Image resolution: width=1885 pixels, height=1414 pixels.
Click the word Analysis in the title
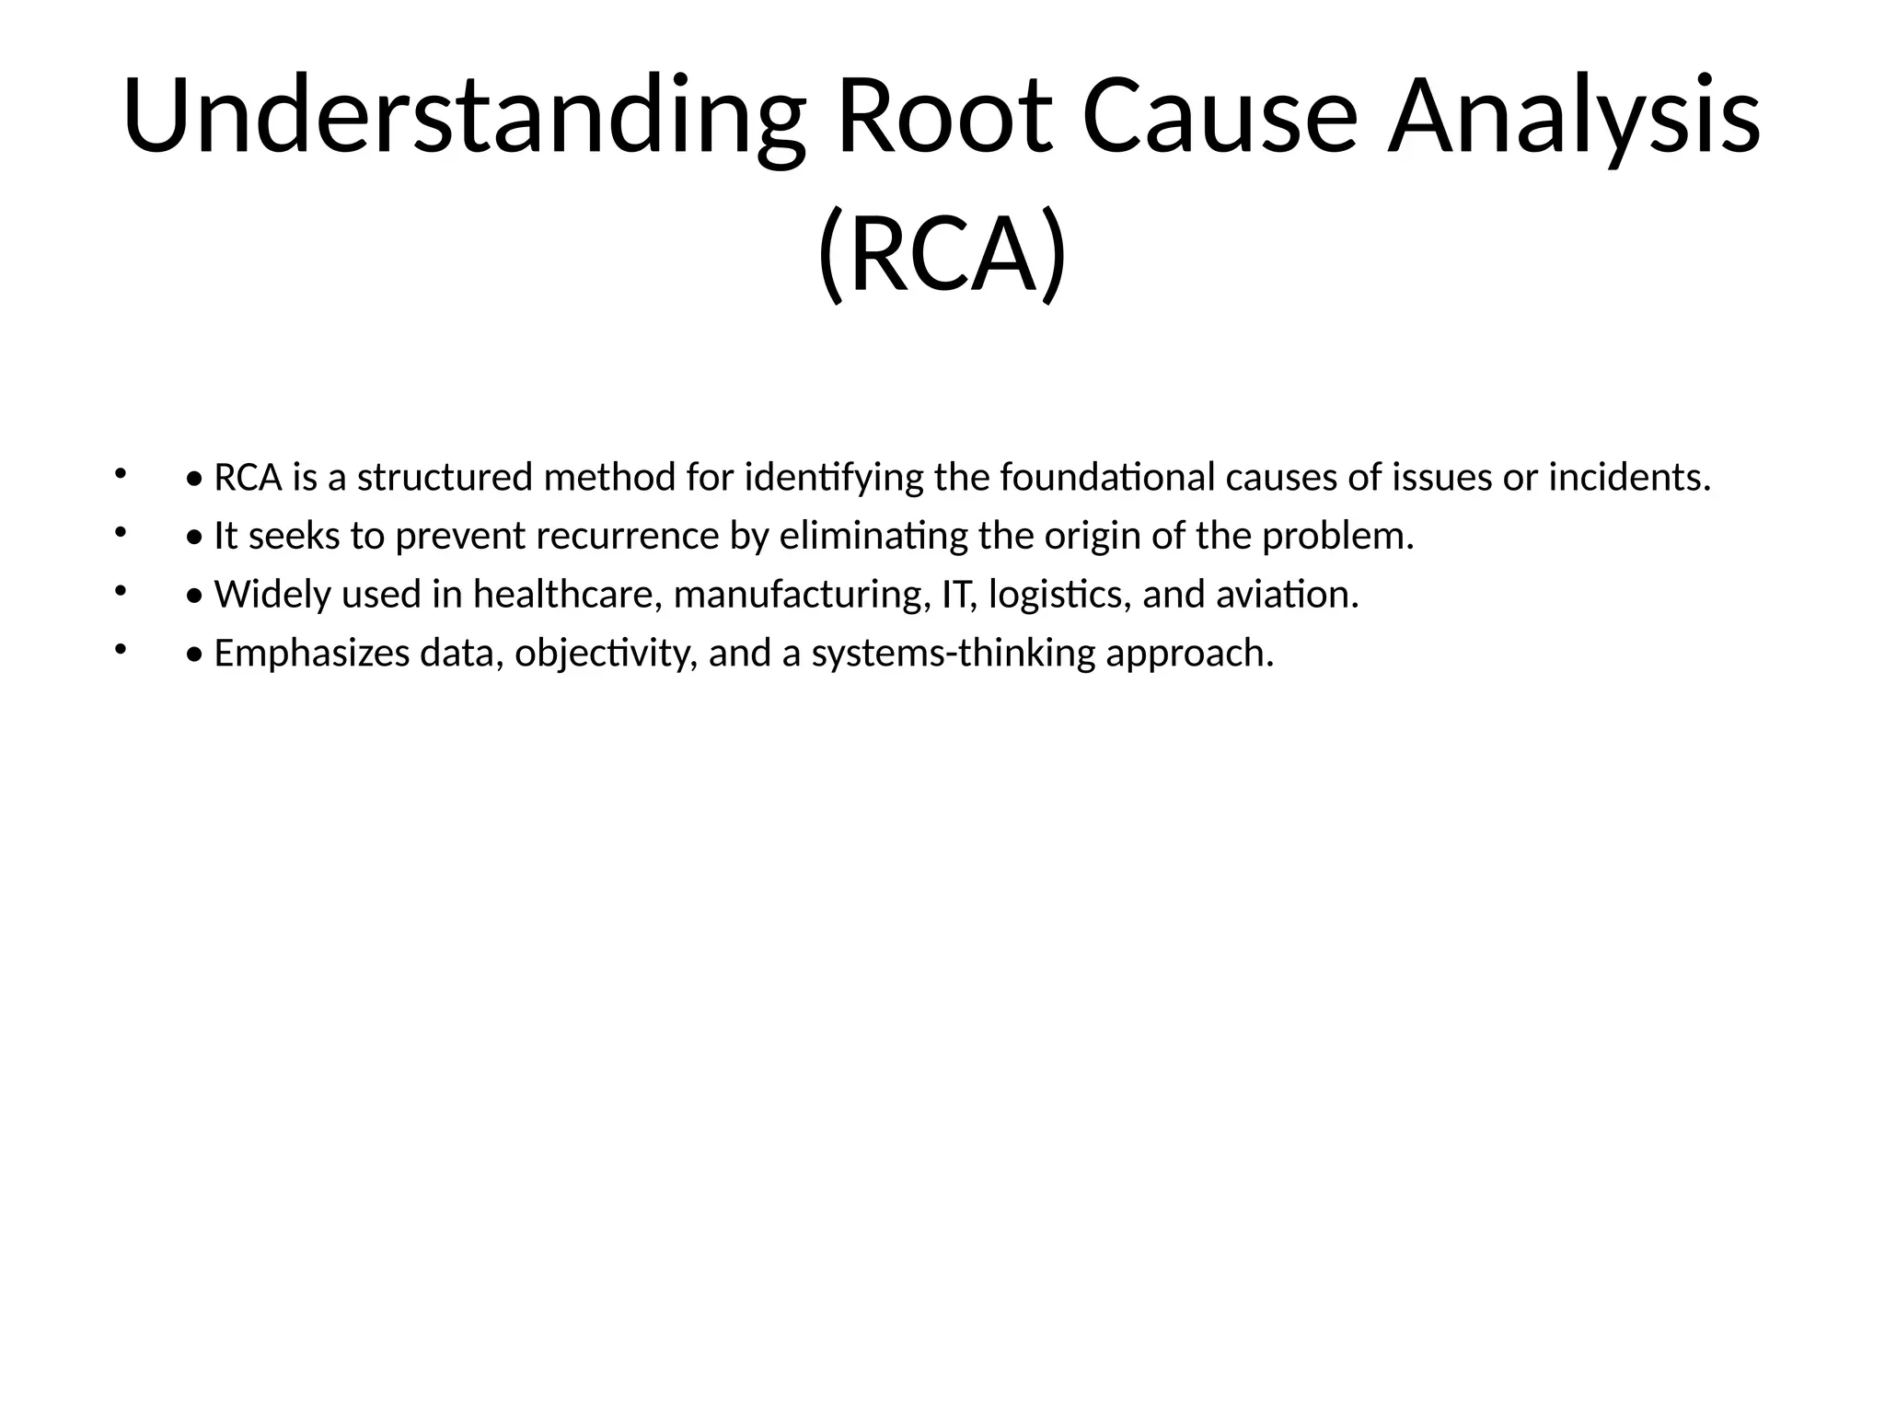tap(1573, 117)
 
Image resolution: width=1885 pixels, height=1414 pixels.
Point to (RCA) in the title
tap(942, 252)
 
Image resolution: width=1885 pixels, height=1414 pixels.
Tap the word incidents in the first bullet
tap(1628, 478)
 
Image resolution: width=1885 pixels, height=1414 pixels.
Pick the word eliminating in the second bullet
tap(873, 537)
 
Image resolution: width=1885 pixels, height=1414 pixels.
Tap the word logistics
tap(1059, 596)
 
